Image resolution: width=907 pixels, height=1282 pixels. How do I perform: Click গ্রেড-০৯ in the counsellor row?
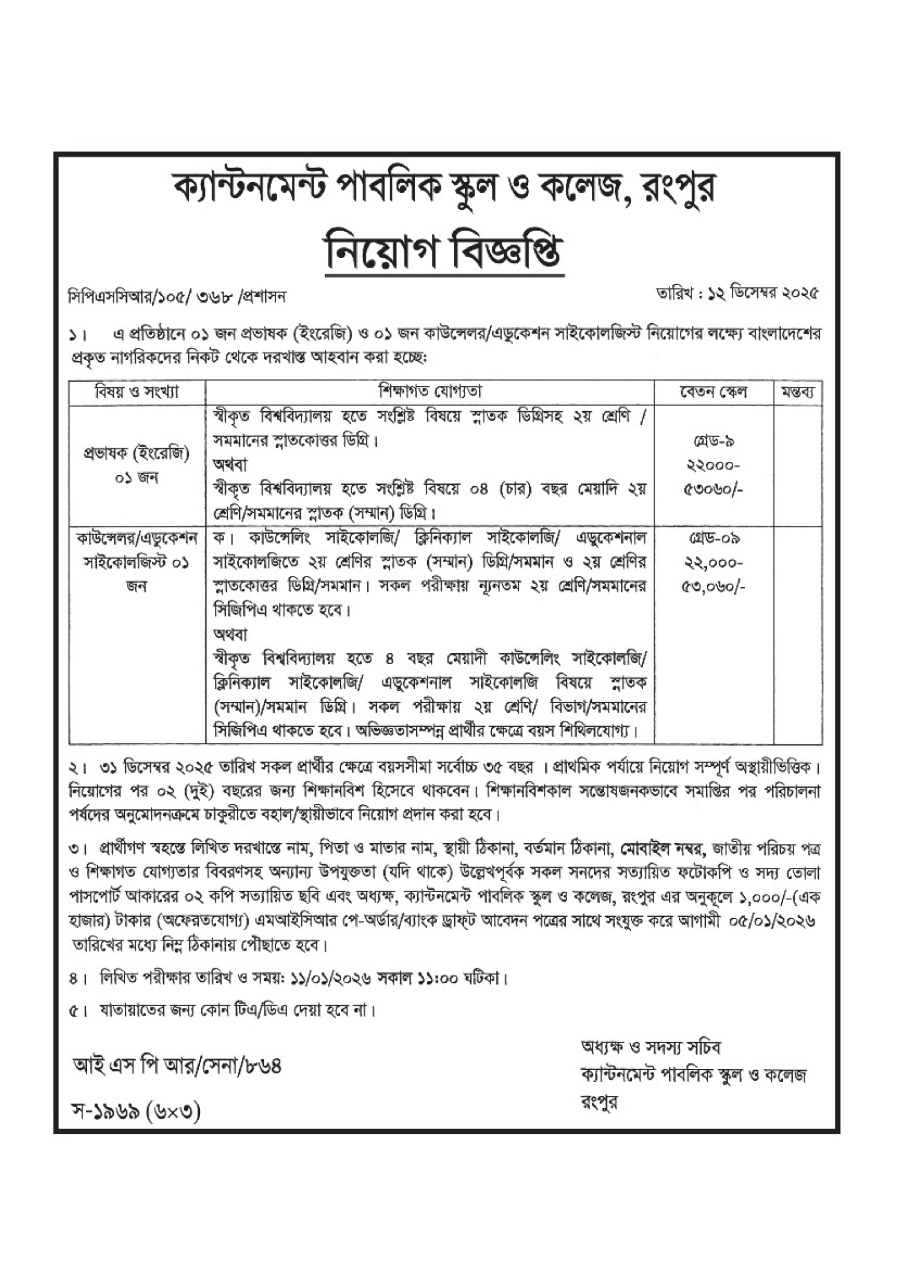[714, 539]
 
